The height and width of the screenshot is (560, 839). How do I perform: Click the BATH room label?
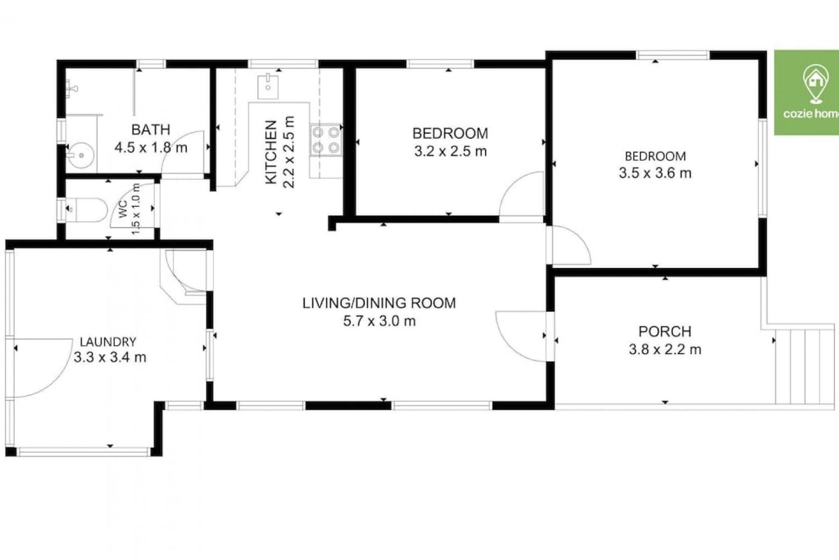pyautogui.click(x=151, y=129)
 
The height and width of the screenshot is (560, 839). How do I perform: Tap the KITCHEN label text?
pyautogui.click(x=272, y=152)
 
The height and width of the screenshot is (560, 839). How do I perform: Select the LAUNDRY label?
pyautogui.click(x=108, y=342)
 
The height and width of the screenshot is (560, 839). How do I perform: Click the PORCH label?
pyautogui.click(x=665, y=332)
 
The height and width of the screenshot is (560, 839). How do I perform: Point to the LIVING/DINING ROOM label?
pyautogui.click(x=379, y=303)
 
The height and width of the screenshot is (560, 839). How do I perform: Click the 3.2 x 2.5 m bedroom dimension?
pyautogui.click(x=451, y=152)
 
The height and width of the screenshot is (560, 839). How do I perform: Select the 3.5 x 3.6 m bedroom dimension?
pyautogui.click(x=655, y=173)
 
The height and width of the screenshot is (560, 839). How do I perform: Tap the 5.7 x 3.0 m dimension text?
pyautogui.click(x=380, y=321)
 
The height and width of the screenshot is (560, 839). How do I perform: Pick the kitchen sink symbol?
pyautogui.click(x=268, y=86)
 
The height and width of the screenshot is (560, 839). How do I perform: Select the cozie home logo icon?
pyautogui.click(x=817, y=84)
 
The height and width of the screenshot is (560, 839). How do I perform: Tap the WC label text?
pyautogui.click(x=123, y=209)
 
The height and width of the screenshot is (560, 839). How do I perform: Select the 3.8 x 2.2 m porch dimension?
pyautogui.click(x=665, y=350)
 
